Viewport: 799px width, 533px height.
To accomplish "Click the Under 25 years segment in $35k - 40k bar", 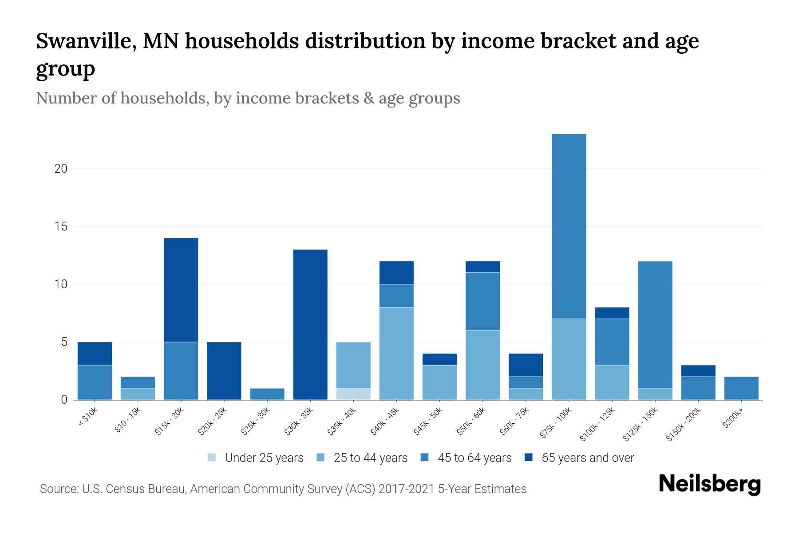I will coord(353,394).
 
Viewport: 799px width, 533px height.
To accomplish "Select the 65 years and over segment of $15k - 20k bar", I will coord(181,290).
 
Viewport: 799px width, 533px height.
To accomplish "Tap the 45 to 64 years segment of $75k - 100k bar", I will coord(569,226).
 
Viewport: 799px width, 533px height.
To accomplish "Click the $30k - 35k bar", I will coord(310,325).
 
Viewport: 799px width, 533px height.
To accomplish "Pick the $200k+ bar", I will coord(741,388).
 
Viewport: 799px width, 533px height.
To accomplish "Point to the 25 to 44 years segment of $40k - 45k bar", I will coord(396,354).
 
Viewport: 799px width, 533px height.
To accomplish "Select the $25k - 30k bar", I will coord(267,394).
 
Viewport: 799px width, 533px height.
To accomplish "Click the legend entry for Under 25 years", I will coord(256,458).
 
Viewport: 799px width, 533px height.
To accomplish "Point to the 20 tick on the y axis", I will coord(61,169).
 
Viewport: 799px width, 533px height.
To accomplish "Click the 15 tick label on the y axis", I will coord(61,227).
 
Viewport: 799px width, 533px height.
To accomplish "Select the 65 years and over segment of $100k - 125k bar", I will coord(612,313).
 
